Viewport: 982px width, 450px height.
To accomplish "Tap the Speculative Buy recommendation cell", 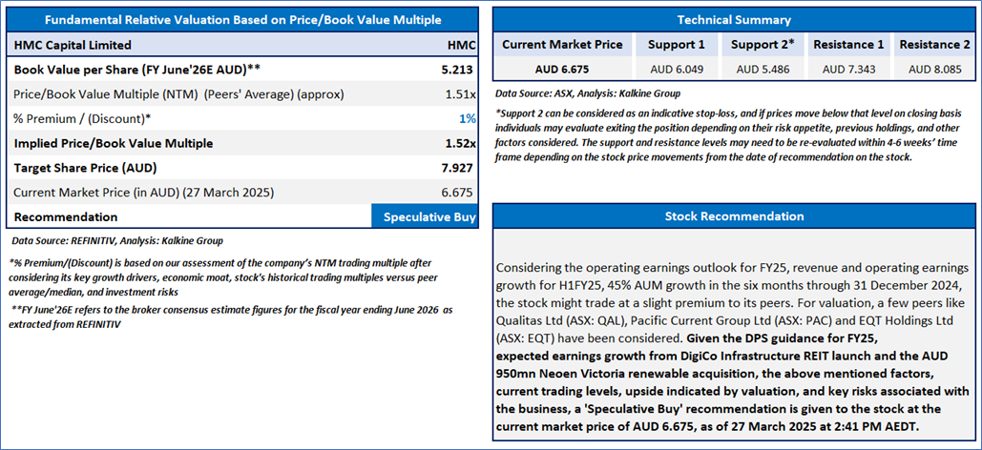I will click(x=428, y=217).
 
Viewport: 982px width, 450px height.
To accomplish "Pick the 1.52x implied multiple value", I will click(x=459, y=143).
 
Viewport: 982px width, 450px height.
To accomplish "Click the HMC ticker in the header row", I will click(x=461, y=44).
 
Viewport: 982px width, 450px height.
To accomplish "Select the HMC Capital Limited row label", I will click(x=73, y=44).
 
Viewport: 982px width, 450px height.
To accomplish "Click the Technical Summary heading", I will click(x=734, y=19).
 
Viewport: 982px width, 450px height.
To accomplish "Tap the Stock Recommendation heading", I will click(x=734, y=216).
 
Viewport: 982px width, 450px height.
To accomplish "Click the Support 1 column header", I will click(x=676, y=44).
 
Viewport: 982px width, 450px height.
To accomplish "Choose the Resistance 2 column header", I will click(x=934, y=44).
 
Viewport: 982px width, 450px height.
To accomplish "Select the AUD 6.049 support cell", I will click(x=676, y=69).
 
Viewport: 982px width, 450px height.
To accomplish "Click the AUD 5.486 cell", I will click(x=762, y=69).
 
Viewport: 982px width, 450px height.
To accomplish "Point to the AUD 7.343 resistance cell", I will click(x=847, y=69).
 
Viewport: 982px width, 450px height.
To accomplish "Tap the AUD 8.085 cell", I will click(x=934, y=69).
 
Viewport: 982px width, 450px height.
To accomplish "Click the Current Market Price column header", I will click(x=562, y=44).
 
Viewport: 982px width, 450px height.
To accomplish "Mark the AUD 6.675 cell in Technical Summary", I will click(x=562, y=69).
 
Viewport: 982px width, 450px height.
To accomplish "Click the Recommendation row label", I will click(x=66, y=217).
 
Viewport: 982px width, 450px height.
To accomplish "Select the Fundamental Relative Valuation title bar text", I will click(x=242, y=19).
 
